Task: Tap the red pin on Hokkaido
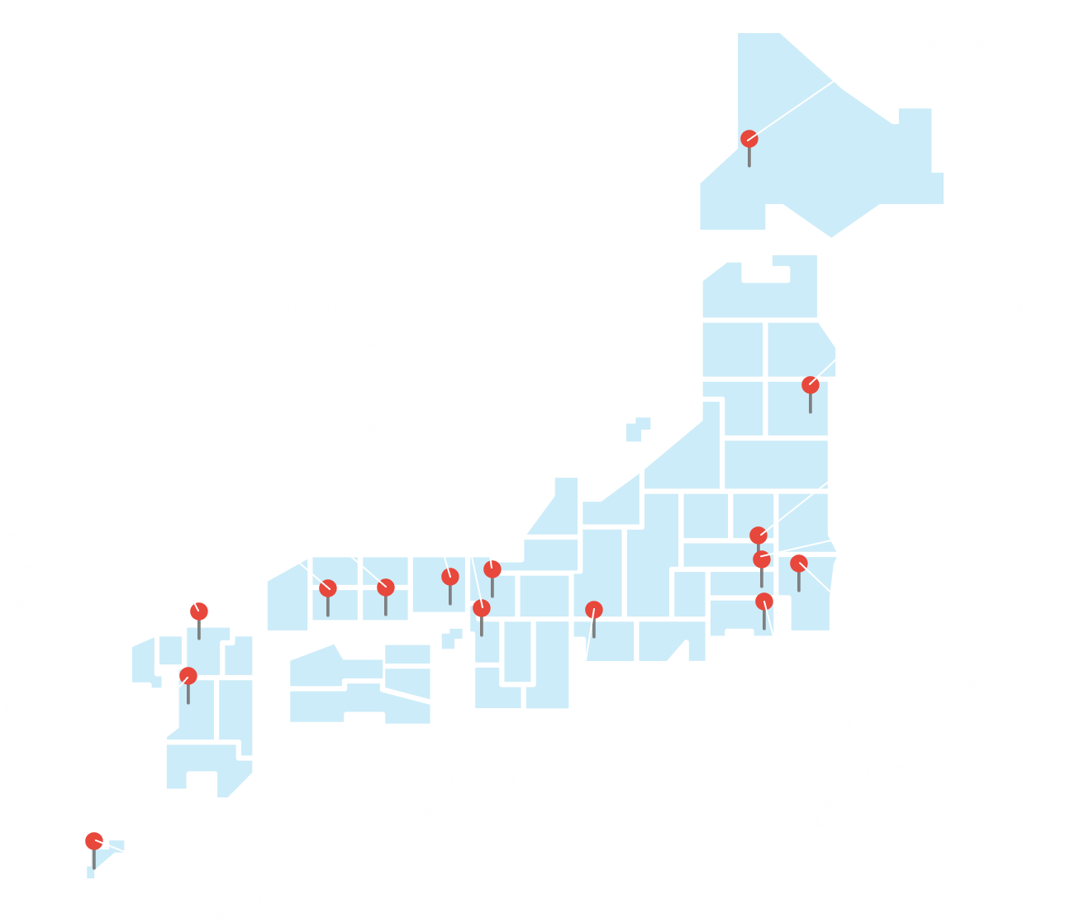749,139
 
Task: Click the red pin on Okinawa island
94,841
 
